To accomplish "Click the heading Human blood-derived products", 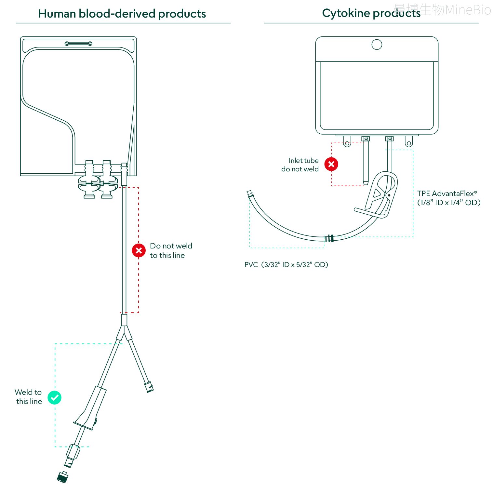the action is point(122,14).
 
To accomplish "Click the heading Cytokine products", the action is point(371,13).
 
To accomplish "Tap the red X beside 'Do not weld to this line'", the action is point(139,250).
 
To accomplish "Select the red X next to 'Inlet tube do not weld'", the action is point(331,164).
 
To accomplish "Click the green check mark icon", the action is point(54,397).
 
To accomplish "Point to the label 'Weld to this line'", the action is point(29,397).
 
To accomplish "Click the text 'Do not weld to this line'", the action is point(171,250).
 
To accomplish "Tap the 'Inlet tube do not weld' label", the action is point(300,165).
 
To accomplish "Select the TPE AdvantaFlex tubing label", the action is point(449,198).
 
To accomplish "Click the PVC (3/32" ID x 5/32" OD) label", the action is point(286,265).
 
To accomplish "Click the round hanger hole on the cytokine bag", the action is point(377,45).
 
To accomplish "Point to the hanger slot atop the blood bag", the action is point(78,44).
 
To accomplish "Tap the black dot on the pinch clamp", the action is point(389,195).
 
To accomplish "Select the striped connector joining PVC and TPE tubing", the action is point(329,238).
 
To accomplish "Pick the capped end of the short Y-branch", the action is point(149,387).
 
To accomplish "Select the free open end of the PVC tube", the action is point(249,194).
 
